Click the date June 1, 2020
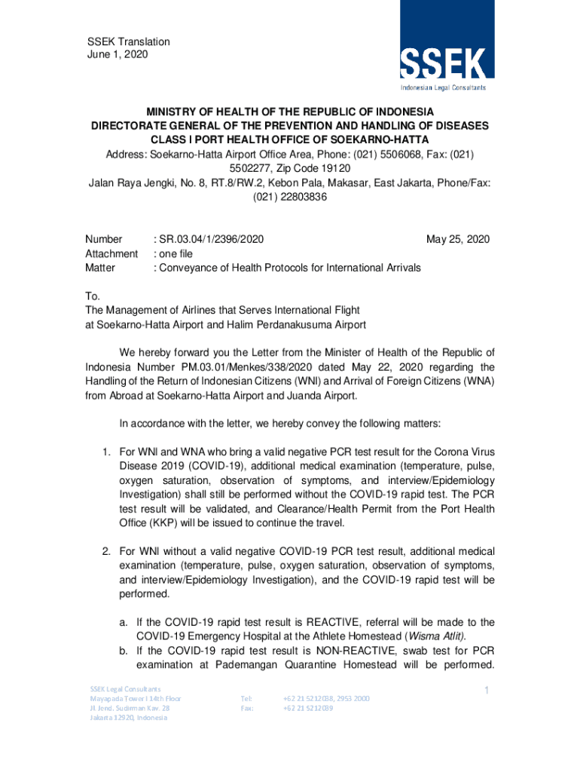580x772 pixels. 117,55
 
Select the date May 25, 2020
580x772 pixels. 457,239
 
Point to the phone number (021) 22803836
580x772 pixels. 290,197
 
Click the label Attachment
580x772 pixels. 111,253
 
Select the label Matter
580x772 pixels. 100,268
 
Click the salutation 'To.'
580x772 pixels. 90,296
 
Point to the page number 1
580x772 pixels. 487,691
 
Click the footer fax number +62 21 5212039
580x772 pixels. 308,709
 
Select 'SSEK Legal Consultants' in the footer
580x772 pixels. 125,689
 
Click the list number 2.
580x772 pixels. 107,552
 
